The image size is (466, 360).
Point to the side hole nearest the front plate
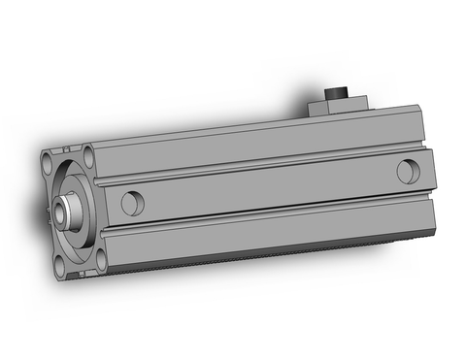pyautogui.click(x=132, y=203)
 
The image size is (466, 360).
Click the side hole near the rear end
pyautogui.click(x=408, y=170)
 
